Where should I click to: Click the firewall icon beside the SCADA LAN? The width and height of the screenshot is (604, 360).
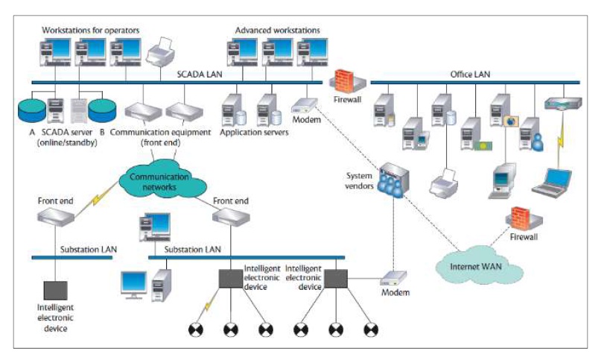coord(346,80)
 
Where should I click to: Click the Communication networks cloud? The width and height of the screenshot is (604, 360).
coord(157,178)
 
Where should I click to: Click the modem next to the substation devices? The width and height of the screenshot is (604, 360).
coord(394,280)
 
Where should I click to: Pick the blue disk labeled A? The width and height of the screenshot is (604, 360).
coord(31,110)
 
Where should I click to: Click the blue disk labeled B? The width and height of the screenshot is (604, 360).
coord(103,110)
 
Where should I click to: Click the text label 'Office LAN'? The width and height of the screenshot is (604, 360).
coord(470,75)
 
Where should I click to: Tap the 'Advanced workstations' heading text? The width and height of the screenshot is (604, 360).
coord(277,31)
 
